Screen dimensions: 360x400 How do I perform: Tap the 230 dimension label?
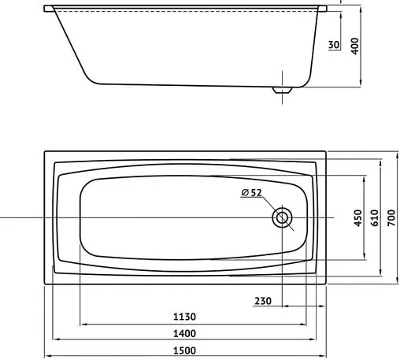pyautogui.click(x=264, y=300)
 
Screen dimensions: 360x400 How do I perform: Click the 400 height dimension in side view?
pyautogui.click(x=354, y=46)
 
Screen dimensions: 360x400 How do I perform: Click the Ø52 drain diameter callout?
pyautogui.click(x=252, y=193)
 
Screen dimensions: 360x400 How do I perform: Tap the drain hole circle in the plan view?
pyautogui.click(x=282, y=217)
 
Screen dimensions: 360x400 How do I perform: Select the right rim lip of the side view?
pyautogui.click(x=323, y=9)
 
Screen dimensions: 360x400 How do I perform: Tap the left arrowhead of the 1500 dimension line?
pyautogui.click(x=46, y=353)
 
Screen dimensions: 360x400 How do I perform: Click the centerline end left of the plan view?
pyautogui.click(x=2, y=217)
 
